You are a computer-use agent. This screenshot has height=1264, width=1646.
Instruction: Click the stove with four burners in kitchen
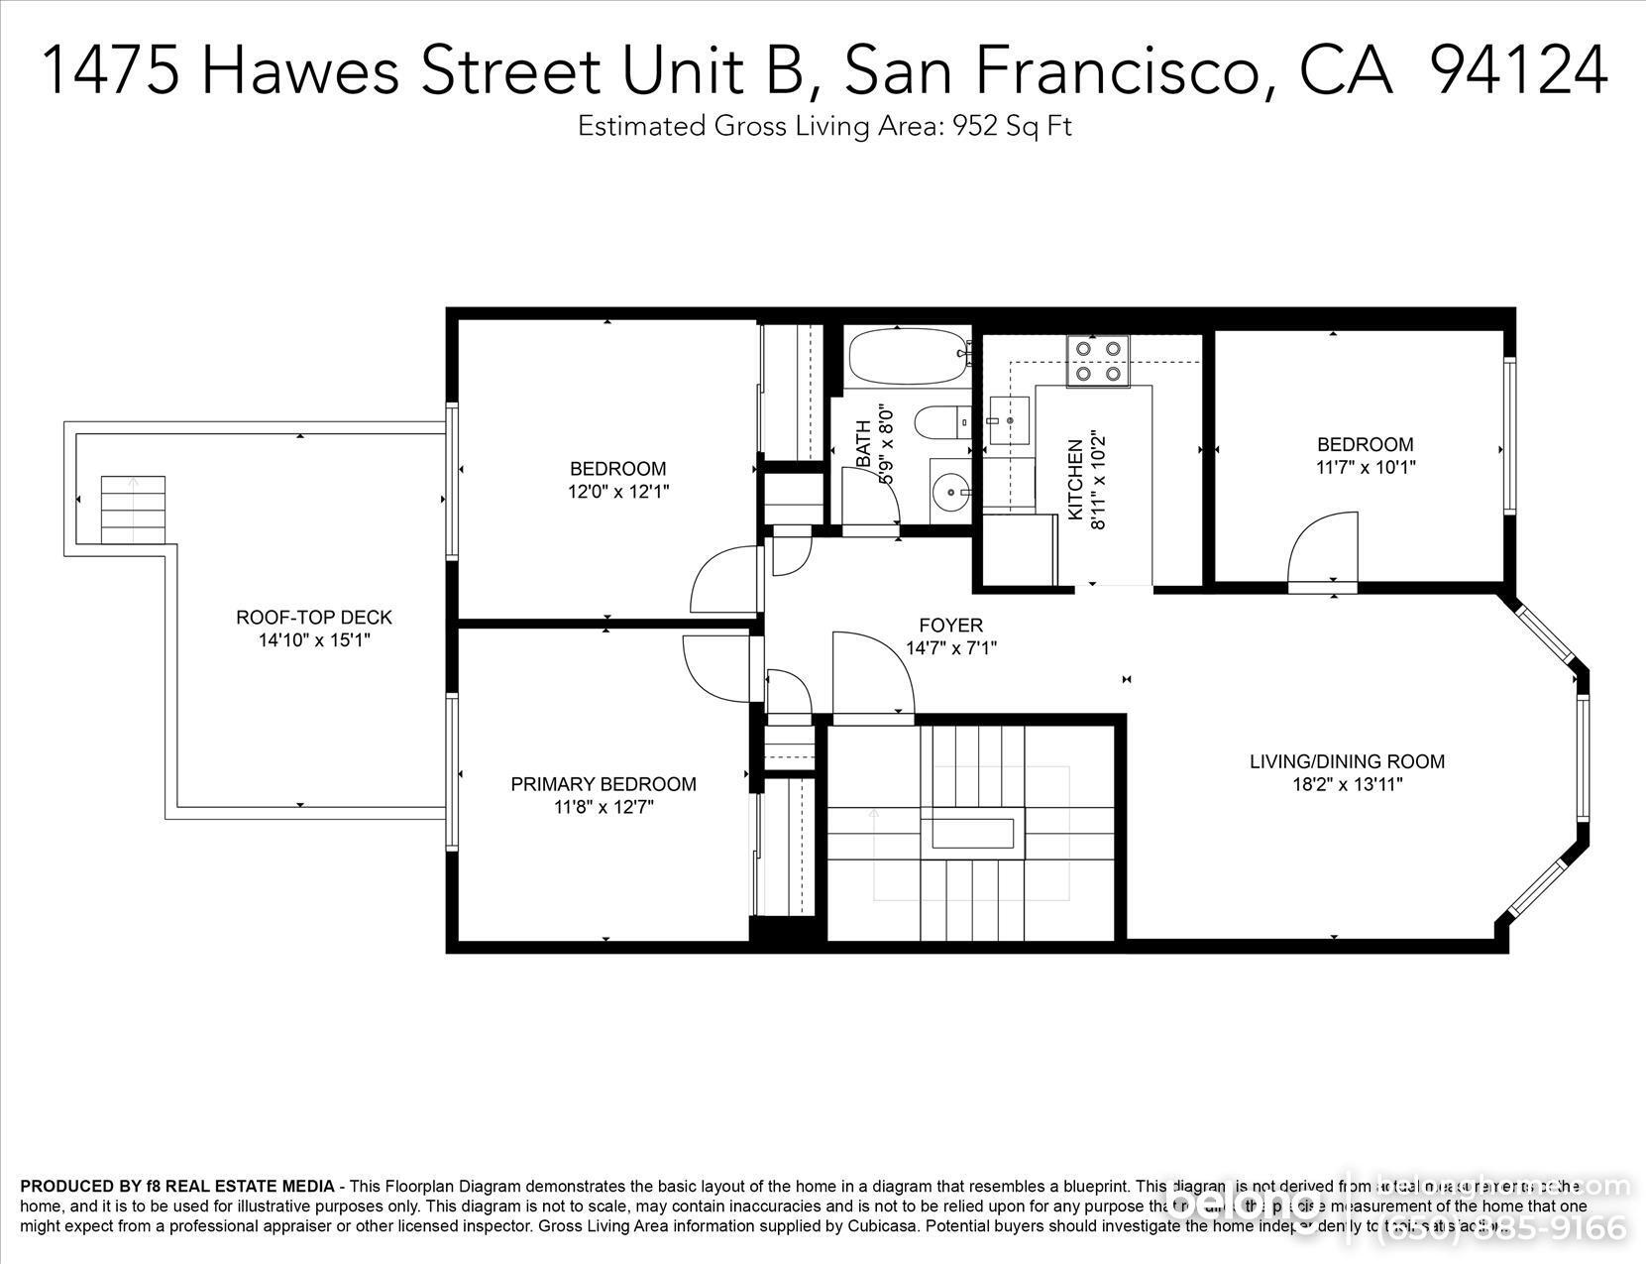[1097, 361]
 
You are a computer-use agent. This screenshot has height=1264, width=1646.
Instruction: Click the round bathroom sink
[951, 490]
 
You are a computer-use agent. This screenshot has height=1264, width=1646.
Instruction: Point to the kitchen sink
[1008, 420]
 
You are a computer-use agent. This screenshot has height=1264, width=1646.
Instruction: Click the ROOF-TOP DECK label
[313, 617]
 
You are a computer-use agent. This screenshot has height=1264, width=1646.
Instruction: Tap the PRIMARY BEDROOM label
[603, 784]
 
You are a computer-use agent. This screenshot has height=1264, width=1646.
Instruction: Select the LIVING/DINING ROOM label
[1346, 761]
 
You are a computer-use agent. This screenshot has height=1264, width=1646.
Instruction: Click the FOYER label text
[950, 626]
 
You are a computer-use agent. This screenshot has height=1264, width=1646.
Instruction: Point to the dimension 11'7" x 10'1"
[1365, 467]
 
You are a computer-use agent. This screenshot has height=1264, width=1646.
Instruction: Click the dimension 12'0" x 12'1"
[617, 491]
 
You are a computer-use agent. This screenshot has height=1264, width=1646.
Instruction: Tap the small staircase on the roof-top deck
[133, 510]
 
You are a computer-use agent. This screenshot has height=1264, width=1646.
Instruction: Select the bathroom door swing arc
[870, 496]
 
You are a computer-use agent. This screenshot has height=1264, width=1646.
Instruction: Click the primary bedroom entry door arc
[717, 669]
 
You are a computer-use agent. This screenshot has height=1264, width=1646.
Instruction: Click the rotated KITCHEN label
[1074, 480]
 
